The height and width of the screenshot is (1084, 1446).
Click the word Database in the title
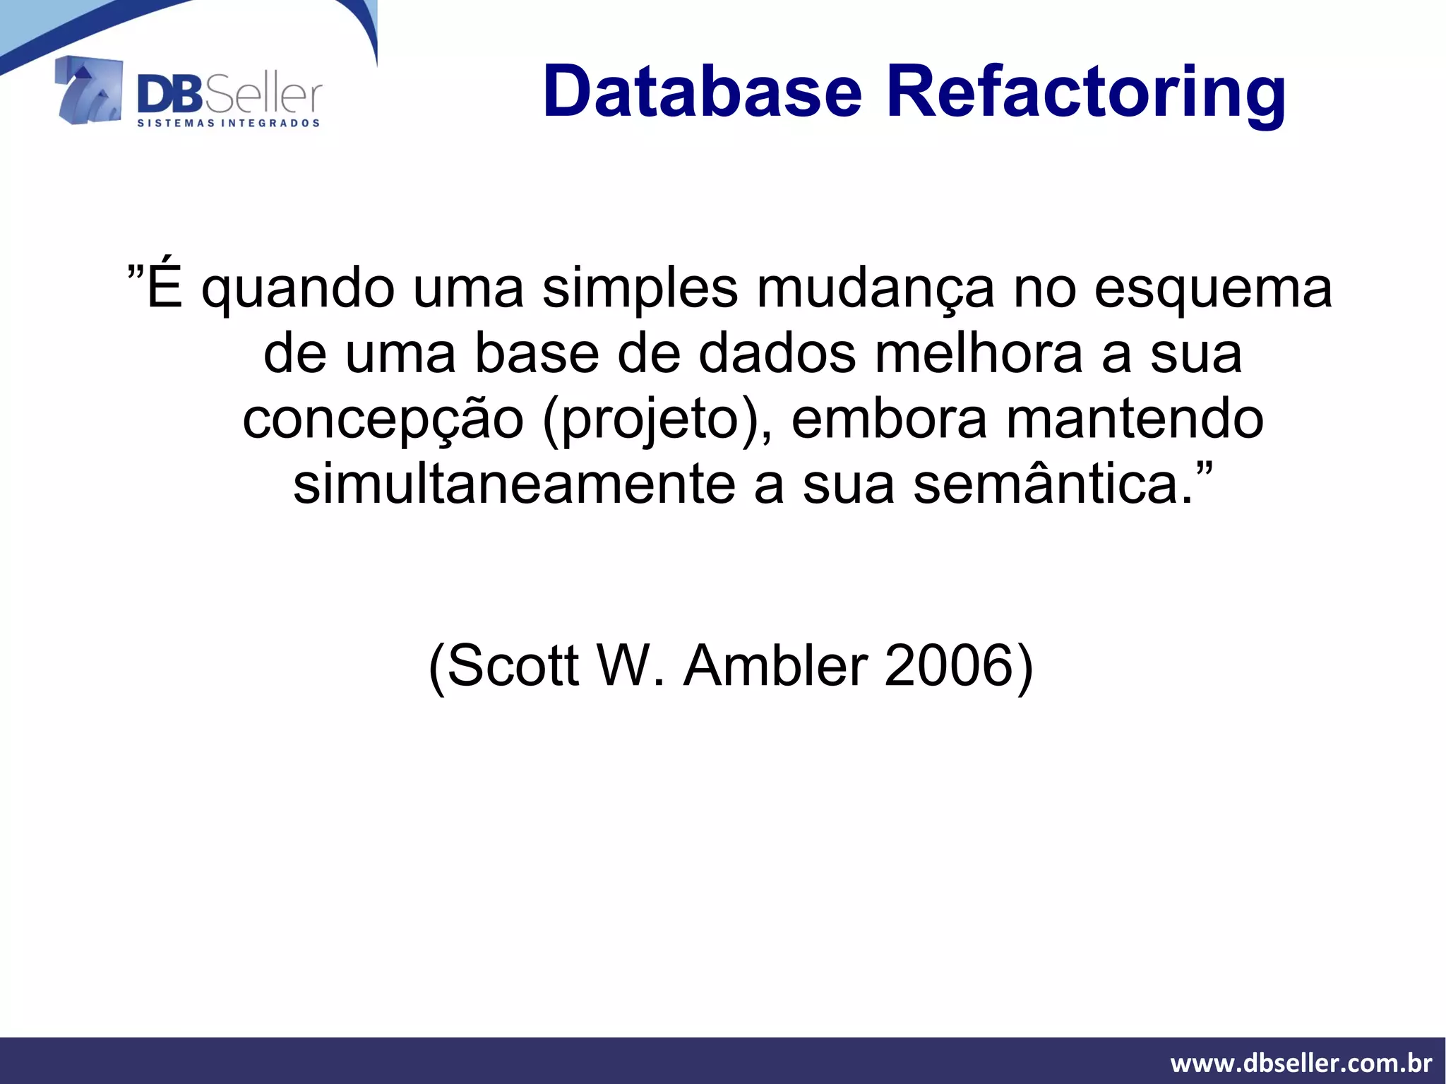pyautogui.click(x=703, y=93)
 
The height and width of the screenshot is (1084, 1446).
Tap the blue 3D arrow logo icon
pyautogui.click(x=89, y=90)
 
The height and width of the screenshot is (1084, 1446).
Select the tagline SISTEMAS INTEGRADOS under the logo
pyautogui.click(x=228, y=124)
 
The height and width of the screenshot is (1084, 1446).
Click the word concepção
pyautogui.click(x=383, y=419)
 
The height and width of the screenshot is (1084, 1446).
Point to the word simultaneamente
pyautogui.click(x=514, y=484)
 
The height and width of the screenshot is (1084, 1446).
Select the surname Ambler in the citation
pyautogui.click(x=775, y=665)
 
